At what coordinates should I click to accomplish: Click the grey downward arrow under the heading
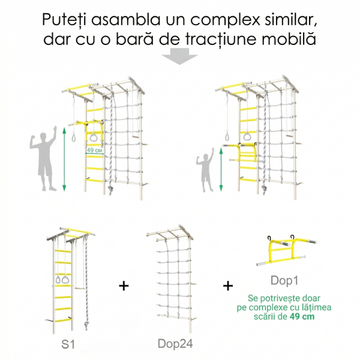(x=179, y=56)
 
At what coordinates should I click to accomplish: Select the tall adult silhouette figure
(x=44, y=158)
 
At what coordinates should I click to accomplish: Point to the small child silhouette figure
(x=205, y=170)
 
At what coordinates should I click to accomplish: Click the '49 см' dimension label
(x=94, y=151)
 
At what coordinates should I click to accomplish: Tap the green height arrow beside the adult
(x=64, y=159)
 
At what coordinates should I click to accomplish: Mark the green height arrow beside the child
(x=221, y=169)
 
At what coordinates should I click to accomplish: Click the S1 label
(x=68, y=344)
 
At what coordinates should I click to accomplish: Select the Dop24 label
(x=175, y=344)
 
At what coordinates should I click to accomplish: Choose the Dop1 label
(x=284, y=280)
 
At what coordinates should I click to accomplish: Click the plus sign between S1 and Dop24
(x=124, y=286)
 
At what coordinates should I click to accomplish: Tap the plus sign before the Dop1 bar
(x=228, y=286)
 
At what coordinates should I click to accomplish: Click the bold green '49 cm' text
(x=302, y=316)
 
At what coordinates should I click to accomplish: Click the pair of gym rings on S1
(x=61, y=280)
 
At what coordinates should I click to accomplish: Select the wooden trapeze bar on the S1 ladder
(x=79, y=287)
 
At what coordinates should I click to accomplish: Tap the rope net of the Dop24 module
(x=173, y=281)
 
